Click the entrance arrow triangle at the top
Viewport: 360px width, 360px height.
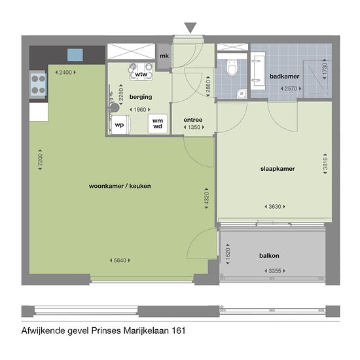point(190,27)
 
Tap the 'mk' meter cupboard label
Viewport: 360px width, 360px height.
point(164,56)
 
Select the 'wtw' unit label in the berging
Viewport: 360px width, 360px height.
point(141,75)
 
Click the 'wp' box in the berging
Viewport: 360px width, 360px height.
point(119,124)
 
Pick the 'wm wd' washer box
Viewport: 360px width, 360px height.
point(158,123)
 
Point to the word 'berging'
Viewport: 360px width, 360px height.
point(141,97)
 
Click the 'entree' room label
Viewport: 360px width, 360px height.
point(192,119)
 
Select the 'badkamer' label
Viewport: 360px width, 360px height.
point(284,77)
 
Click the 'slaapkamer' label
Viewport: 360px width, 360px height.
point(278,168)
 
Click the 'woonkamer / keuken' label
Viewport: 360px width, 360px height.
point(120,186)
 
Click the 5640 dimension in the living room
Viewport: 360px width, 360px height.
point(119,261)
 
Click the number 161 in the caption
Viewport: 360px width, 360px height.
point(177,331)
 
